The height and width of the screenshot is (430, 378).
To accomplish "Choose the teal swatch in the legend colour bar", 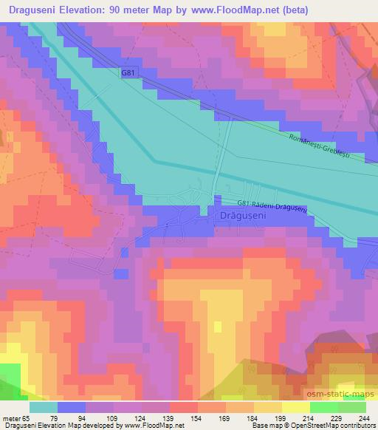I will click(44, 406).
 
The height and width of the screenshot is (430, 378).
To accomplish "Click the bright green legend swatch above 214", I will click(324, 406).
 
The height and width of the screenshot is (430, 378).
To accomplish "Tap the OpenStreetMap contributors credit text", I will click(338, 426).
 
